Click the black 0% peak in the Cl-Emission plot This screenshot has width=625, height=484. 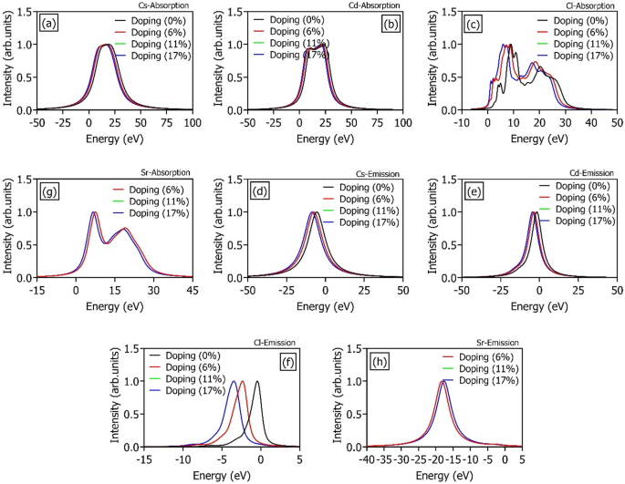(257, 382)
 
